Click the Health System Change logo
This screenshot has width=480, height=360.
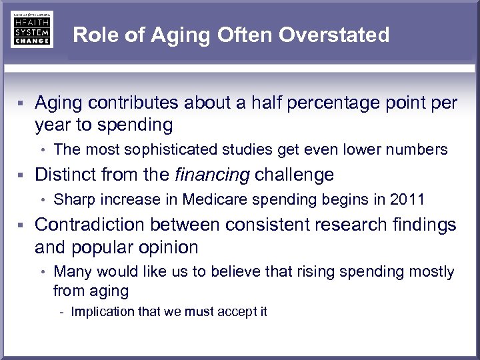pyautogui.click(x=31, y=29)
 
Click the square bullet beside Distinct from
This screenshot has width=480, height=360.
pyautogui.click(x=22, y=175)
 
